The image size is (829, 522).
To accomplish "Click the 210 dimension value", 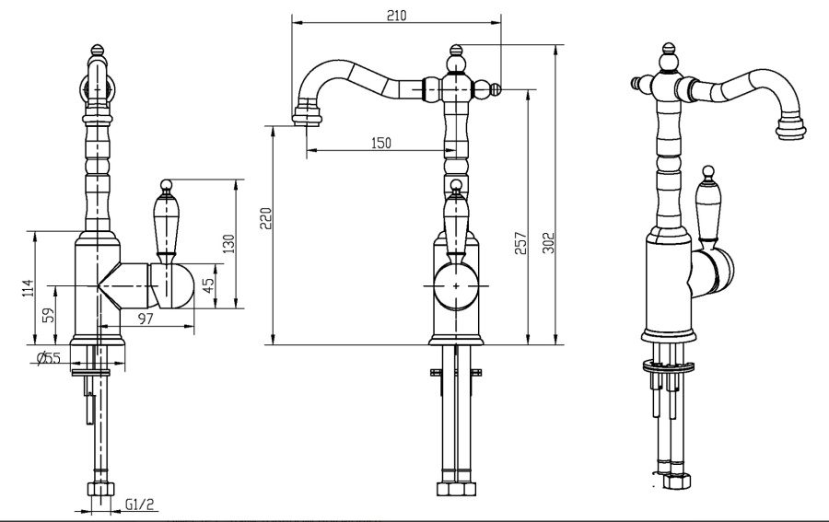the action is click(396, 16).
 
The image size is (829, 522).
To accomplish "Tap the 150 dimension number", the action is click(380, 143).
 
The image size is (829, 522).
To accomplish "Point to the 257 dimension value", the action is click(520, 243).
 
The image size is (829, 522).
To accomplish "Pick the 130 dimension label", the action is click(228, 244).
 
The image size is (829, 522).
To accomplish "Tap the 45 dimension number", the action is click(208, 285).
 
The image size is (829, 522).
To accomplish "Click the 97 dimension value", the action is click(146, 319).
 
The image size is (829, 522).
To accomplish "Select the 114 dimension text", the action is click(28, 287).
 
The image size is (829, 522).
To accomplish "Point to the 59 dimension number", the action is click(48, 315).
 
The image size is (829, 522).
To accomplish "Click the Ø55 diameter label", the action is click(49, 358).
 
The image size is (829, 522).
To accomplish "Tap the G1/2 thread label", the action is click(141, 505).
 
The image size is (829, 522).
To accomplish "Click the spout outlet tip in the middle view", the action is click(306, 115).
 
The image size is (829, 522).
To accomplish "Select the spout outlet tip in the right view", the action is click(791, 126).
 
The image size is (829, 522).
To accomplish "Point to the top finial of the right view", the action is click(669, 52).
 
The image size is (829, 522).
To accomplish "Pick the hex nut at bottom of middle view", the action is click(456, 489).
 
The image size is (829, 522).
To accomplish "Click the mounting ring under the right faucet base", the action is click(667, 365).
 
